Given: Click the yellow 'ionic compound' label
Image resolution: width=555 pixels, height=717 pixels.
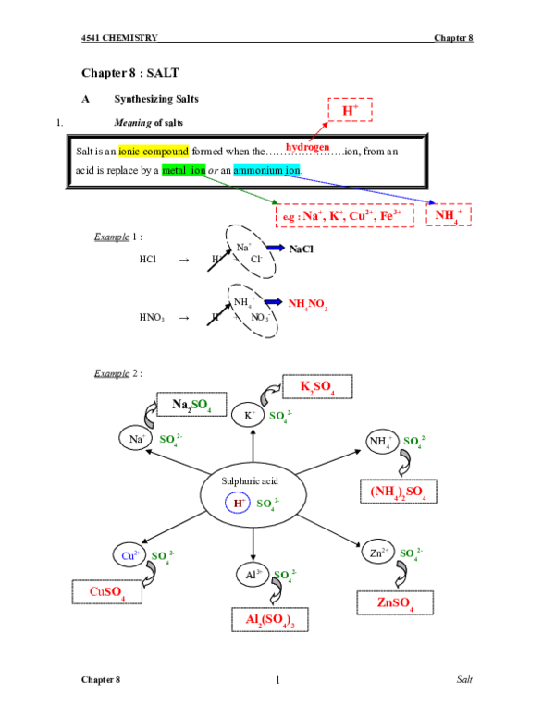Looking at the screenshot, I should [x=154, y=151].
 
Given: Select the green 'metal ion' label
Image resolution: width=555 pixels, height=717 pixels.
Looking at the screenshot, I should [x=183, y=170].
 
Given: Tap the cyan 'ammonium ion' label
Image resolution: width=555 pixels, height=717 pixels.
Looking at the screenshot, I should [x=266, y=170].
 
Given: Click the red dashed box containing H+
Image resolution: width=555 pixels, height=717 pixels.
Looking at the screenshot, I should [x=350, y=110].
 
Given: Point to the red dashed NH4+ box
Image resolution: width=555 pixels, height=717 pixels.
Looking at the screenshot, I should [x=448, y=214].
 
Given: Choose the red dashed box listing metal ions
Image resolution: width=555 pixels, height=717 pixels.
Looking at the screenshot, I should [x=344, y=216].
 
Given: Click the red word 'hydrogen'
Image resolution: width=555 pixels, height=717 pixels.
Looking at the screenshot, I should [x=307, y=146].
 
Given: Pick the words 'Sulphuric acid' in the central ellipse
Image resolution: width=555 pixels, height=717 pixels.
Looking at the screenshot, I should [x=250, y=481].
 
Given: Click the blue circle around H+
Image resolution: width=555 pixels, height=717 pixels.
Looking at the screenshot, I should [x=239, y=503].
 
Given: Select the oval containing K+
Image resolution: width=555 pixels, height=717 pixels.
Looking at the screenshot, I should [x=249, y=416].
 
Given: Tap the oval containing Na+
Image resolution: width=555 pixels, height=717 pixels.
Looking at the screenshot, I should [x=136, y=440].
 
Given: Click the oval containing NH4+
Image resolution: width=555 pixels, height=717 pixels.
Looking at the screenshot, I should [x=382, y=442].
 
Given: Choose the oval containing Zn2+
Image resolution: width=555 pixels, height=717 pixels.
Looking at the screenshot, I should [x=378, y=553].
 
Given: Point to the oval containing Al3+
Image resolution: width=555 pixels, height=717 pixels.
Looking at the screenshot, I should [x=253, y=575].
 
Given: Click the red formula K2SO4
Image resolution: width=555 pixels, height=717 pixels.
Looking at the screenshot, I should [x=316, y=386].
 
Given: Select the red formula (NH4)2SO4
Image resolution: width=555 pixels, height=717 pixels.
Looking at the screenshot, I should [x=398, y=492].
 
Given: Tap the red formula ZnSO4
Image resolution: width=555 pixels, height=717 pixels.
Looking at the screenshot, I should [x=395, y=602].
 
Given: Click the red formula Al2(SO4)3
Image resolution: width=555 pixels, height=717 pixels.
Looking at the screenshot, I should [x=270, y=620].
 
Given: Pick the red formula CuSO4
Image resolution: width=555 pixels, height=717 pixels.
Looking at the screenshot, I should [x=107, y=591].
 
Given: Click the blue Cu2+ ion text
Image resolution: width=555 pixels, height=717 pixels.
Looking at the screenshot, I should [x=130, y=555].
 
